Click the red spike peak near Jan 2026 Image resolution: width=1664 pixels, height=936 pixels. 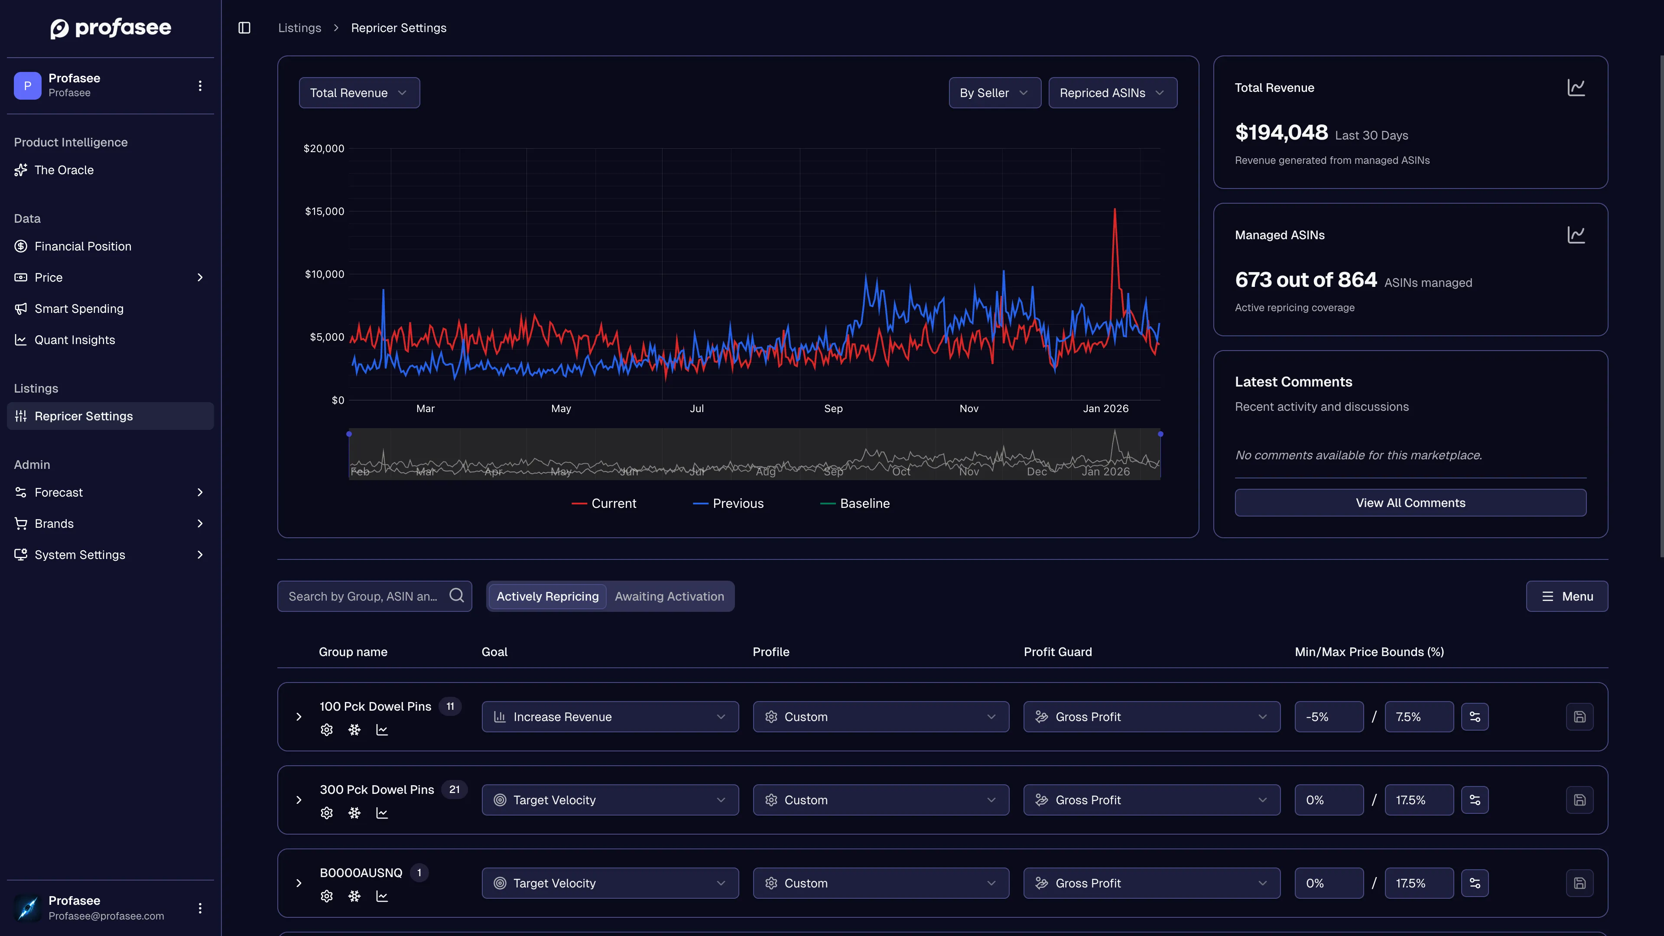point(1114,210)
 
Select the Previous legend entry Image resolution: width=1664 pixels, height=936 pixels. point(728,503)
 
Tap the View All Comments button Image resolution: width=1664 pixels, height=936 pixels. point(1410,503)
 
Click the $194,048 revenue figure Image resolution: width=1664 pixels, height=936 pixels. point(1281,133)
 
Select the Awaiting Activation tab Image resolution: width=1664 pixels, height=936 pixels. point(669,596)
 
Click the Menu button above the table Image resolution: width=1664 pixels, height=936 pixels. point(1566,596)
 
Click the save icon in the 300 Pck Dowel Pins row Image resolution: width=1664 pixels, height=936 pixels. point(1579,799)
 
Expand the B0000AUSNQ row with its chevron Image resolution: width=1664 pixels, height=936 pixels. point(299,883)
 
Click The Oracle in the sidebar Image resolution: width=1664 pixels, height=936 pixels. point(64,170)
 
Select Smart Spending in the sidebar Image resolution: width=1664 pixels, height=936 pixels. point(79,309)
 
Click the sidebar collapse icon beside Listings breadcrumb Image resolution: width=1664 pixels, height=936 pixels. point(244,28)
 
